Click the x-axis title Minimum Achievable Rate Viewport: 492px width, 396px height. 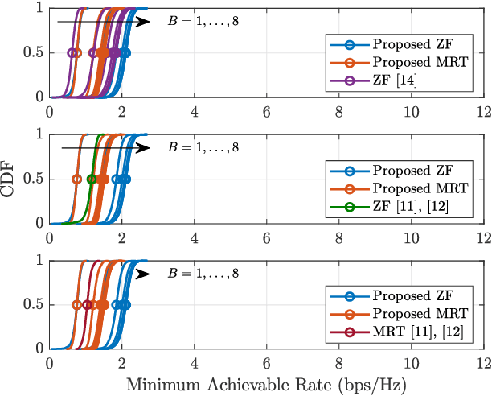(265, 385)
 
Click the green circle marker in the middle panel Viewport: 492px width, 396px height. (92, 179)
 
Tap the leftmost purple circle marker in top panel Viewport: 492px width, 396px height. (72, 53)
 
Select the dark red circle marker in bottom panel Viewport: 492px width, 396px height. (87, 306)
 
